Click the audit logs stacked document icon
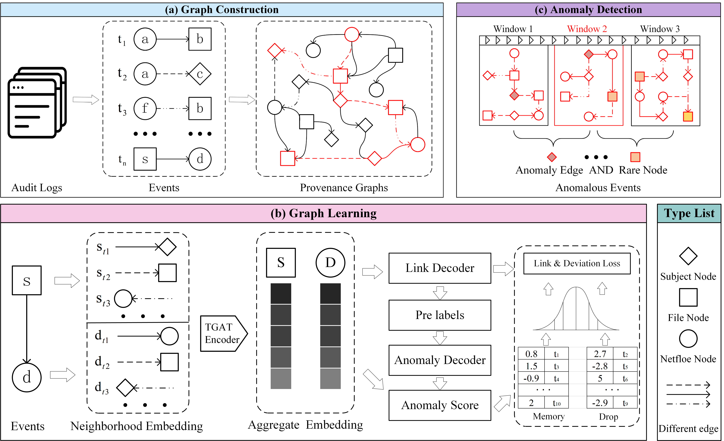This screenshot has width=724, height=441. pyautogui.click(x=37, y=103)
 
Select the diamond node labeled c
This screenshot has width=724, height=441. pyautogui.click(x=200, y=74)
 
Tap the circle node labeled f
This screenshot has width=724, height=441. pyautogui.click(x=145, y=108)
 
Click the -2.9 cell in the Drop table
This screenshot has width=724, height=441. pyautogui.click(x=600, y=403)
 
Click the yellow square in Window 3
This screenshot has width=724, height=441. pyautogui.click(x=688, y=116)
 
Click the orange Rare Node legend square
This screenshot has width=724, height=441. pyautogui.click(x=635, y=157)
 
